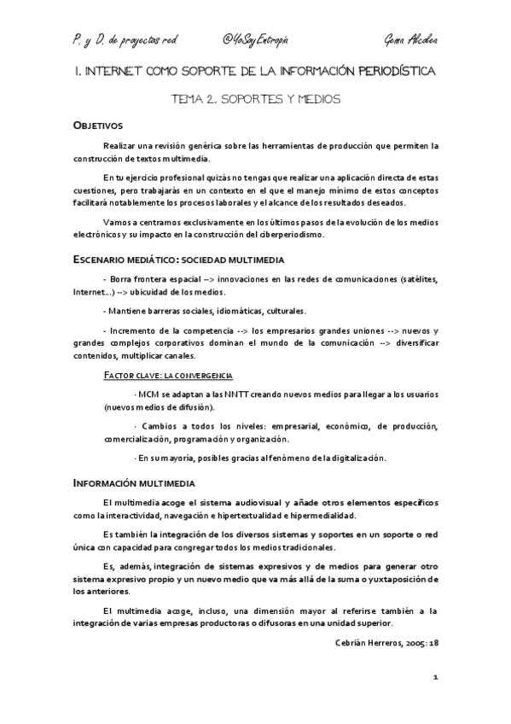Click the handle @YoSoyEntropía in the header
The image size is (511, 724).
click(x=255, y=40)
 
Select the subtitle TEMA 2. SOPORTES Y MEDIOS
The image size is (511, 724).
click(x=256, y=99)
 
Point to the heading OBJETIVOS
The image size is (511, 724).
click(x=98, y=126)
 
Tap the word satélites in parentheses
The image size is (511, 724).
click(x=416, y=279)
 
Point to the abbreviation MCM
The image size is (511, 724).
click(x=148, y=395)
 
